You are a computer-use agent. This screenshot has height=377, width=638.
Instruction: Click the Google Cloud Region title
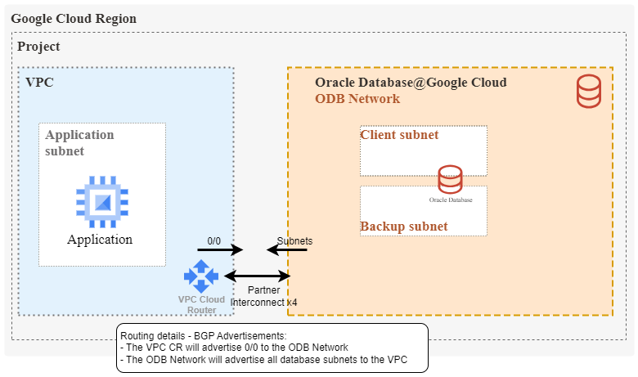[74, 19]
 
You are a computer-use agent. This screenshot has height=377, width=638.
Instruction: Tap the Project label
[38, 47]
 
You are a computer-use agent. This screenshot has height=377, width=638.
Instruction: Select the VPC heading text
[41, 83]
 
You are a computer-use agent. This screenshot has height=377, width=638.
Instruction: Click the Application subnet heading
[79, 142]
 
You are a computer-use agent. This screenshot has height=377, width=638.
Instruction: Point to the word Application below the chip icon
[100, 240]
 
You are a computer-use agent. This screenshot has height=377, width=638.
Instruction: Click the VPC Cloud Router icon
[201, 276]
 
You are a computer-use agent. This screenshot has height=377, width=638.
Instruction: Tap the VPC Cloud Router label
[201, 304]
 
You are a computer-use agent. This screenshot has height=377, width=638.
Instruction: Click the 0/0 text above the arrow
[214, 241]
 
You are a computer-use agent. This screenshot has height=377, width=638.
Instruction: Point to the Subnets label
[295, 241]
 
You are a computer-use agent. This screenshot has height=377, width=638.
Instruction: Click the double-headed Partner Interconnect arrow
[257, 276]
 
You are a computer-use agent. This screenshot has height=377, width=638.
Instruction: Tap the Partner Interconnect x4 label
[264, 296]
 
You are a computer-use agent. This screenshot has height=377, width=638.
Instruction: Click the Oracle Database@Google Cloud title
[411, 83]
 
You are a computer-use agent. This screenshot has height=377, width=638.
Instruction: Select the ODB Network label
[357, 98]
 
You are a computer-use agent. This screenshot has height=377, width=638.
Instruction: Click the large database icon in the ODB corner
[590, 91]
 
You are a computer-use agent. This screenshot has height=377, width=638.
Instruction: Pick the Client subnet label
[400, 135]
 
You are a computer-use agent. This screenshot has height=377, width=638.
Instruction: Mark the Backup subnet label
[404, 226]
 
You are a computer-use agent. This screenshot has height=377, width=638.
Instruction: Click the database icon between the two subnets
[450, 179]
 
